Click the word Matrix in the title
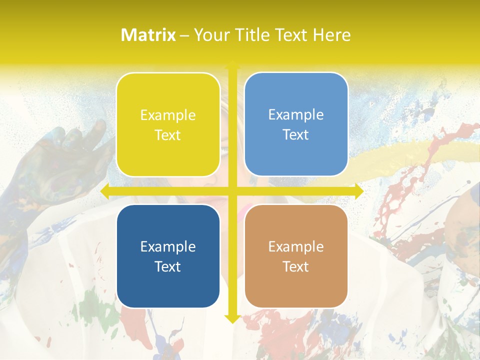click(x=148, y=35)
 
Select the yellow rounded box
click(x=168, y=124)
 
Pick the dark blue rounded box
click(x=168, y=256)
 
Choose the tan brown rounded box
click(x=296, y=256)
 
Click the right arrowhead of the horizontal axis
click(x=359, y=191)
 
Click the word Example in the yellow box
click(x=168, y=115)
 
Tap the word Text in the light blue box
click(x=296, y=135)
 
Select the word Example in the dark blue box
click(x=168, y=247)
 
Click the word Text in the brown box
click(x=296, y=266)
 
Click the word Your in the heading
click(x=209, y=35)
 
